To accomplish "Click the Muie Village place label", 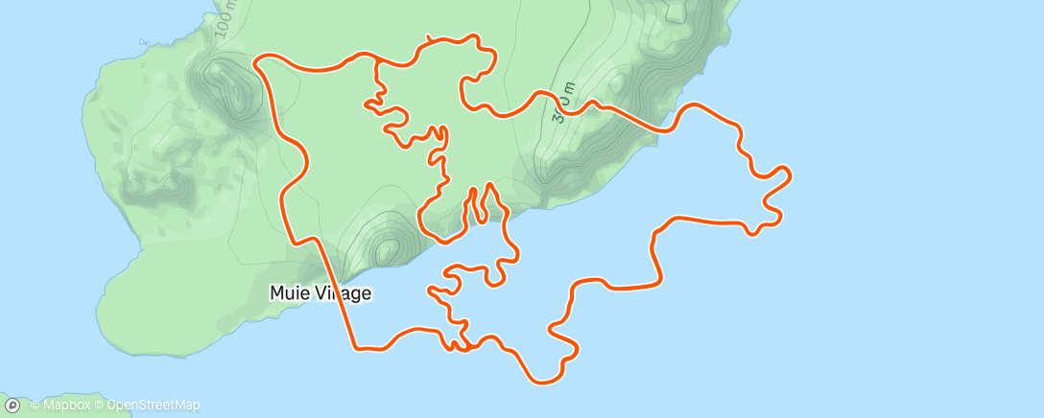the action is (319, 293).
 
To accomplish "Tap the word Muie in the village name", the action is (287, 293).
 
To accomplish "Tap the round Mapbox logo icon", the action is (12, 406).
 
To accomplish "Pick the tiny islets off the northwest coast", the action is (144, 41).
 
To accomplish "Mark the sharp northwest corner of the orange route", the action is (257, 60).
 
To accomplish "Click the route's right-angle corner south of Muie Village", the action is (356, 346).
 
